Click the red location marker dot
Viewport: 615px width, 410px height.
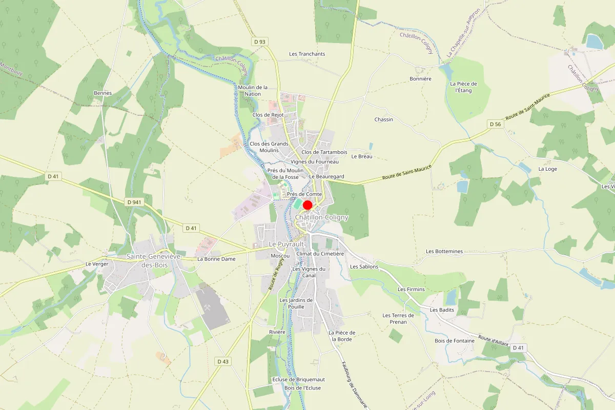pos(307,205)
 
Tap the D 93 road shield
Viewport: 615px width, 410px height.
pos(260,41)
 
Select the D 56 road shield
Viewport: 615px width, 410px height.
pos(495,124)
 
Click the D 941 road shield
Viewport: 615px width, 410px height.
pos(134,202)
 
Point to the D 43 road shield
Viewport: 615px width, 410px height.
pos(222,361)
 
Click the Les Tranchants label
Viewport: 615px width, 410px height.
pos(307,54)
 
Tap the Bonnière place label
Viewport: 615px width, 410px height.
pos(420,79)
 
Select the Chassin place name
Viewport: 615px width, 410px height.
pos(383,119)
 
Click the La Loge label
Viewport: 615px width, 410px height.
pos(547,169)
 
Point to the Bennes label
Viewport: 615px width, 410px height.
pos(102,93)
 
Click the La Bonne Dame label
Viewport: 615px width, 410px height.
pos(216,259)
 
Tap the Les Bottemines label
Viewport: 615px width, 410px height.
pos(444,251)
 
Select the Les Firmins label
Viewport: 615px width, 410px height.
pos(411,289)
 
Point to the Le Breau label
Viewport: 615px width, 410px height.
pos(362,156)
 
